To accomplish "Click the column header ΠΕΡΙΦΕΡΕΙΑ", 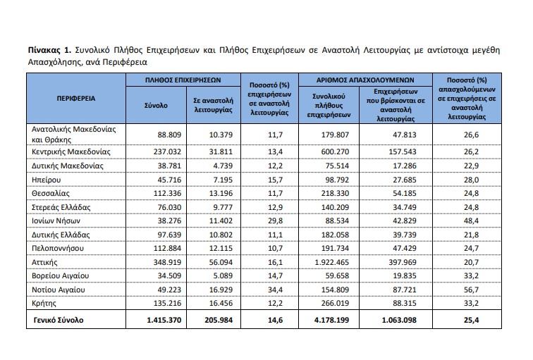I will pos(76,98).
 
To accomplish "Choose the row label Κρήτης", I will pos(46,303).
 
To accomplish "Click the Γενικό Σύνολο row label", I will pos(56,320).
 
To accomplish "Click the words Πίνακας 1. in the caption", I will pos(48,51).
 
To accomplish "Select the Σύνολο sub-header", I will pos(155,105).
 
